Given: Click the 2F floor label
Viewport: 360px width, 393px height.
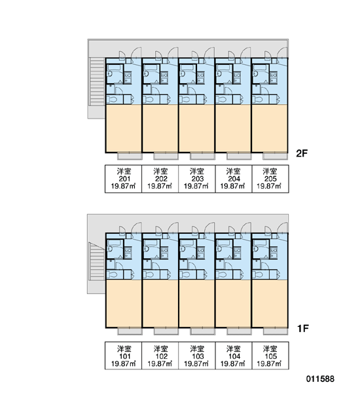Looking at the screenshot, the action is click(x=302, y=153).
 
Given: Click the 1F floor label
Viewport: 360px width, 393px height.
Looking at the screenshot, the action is click(x=303, y=328).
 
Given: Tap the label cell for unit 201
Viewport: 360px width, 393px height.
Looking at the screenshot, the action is click(x=123, y=179).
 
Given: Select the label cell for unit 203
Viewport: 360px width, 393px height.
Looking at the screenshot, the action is click(x=196, y=179).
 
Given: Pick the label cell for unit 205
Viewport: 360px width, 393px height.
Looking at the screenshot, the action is click(x=270, y=179).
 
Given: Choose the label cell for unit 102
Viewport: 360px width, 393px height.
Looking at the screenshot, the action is click(x=160, y=356).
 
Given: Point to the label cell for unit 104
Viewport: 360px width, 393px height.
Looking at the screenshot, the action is click(x=234, y=356).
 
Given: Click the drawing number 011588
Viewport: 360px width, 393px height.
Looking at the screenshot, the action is click(x=320, y=379).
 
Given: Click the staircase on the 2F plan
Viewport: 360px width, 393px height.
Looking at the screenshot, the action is click(x=97, y=81).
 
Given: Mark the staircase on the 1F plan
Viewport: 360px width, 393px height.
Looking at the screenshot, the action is click(x=98, y=261).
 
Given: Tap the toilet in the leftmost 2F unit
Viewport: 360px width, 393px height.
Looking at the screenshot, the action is click(x=113, y=100).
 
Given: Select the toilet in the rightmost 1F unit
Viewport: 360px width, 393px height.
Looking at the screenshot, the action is click(x=259, y=274).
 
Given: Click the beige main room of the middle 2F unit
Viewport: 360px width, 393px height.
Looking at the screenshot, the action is click(x=196, y=128).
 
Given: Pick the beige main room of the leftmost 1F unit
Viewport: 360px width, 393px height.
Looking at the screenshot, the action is click(x=124, y=303).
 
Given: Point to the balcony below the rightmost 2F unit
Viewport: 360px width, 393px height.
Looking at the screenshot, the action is click(x=275, y=157).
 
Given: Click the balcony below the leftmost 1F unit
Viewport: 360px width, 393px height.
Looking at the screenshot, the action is click(x=130, y=331).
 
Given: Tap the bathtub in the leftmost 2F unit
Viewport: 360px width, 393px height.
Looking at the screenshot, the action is click(x=115, y=67).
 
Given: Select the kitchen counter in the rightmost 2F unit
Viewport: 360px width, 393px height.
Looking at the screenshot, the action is click(x=274, y=77).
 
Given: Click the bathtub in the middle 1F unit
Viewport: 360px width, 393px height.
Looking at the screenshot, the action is click(x=187, y=242).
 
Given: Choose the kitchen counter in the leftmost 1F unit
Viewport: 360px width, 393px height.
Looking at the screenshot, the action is click(x=128, y=252).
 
